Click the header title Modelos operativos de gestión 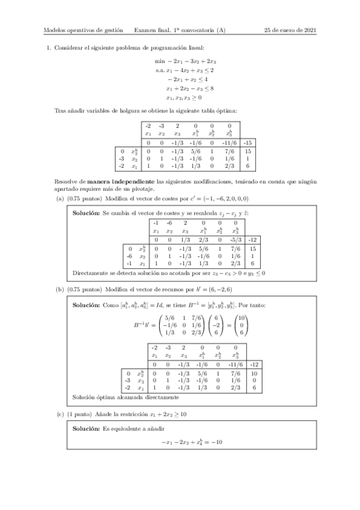point(83,29)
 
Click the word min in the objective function point(159,61)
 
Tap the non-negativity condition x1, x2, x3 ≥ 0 point(183,96)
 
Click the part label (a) point(59,198)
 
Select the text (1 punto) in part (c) point(81,413)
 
